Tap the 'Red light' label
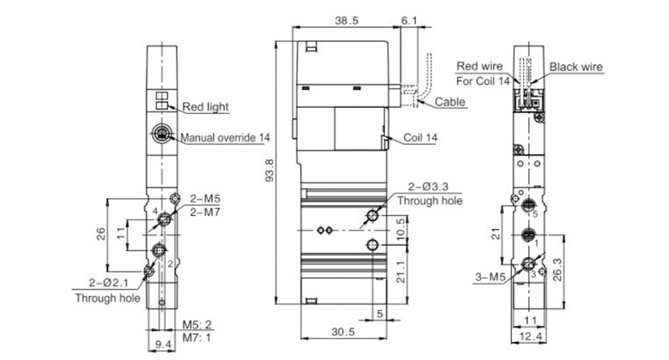tap(206, 107)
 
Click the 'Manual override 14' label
tap(224, 136)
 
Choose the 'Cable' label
tap(450, 102)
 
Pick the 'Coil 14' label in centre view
tap(422, 137)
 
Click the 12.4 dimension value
tap(532, 337)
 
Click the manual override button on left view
tap(160, 135)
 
